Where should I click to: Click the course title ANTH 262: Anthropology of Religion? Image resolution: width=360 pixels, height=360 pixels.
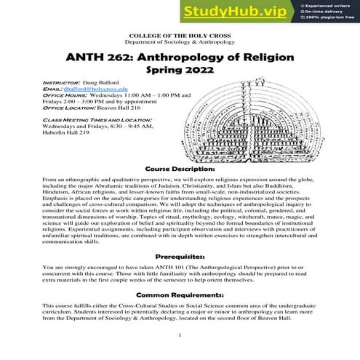(x=180, y=57)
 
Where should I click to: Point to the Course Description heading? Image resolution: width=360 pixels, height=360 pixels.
(x=180, y=167)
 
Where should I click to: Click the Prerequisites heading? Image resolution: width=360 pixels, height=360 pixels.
(x=180, y=257)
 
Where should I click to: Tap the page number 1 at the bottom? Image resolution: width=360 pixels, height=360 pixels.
(x=180, y=335)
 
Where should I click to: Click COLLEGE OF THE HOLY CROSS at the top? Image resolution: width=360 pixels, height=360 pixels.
(x=180, y=36)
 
